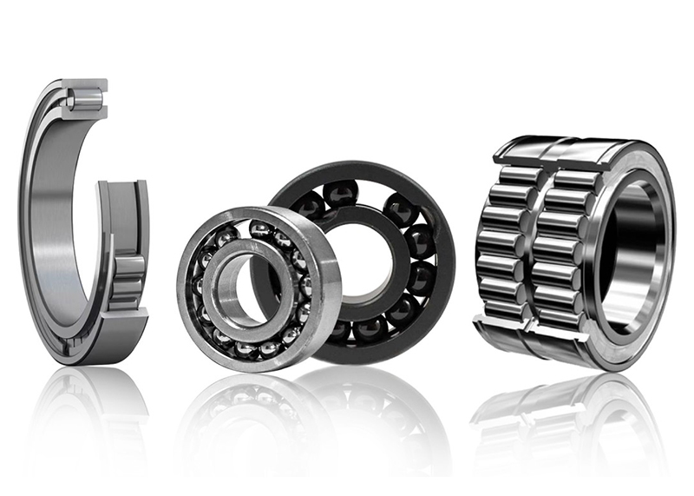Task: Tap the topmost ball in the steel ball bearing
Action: [x=260, y=228]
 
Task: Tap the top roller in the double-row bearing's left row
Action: [x=518, y=175]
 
